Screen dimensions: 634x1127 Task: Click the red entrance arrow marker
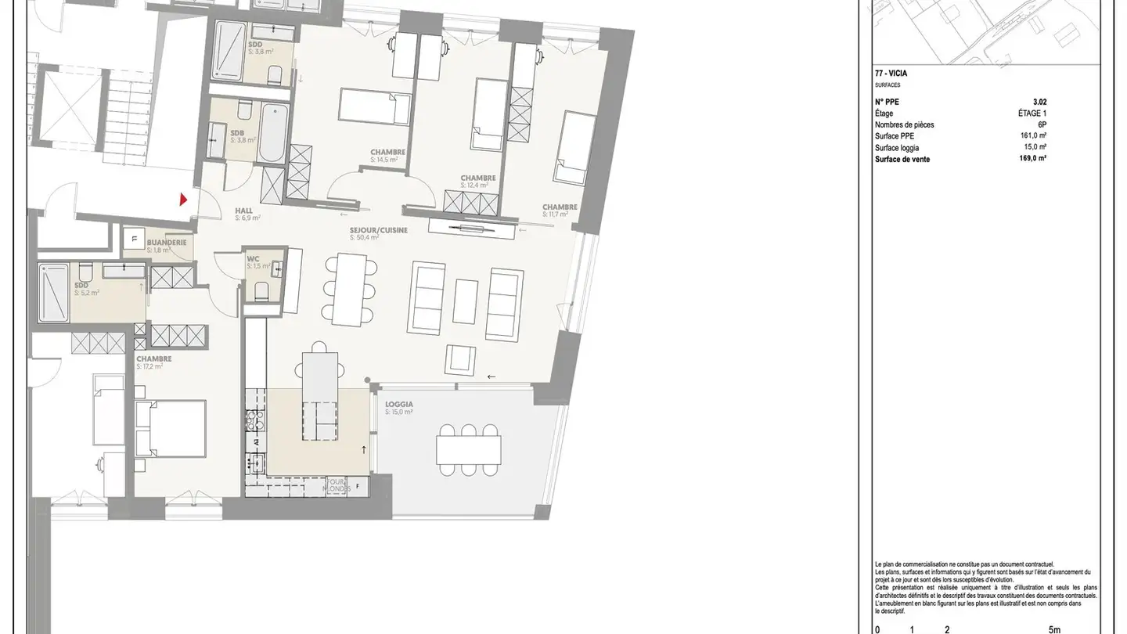[x=184, y=200]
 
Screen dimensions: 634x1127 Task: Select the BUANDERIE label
[x=167, y=243]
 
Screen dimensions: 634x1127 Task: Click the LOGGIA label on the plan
[x=398, y=405]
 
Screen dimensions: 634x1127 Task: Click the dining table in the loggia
[x=468, y=448]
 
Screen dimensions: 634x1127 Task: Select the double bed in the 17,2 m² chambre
[x=170, y=429]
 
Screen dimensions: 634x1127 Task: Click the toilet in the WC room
[x=261, y=292]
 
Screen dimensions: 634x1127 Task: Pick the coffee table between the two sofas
[x=466, y=301]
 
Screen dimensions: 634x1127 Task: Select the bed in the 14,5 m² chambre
[x=375, y=107]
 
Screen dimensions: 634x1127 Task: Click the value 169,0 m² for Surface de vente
[x=1033, y=158]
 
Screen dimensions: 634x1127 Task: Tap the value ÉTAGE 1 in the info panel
[x=1026, y=113]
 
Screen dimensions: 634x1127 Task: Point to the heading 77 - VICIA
[x=891, y=74]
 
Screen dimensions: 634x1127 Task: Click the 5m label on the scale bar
[x=1053, y=629]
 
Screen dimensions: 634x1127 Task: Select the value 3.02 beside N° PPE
[x=1039, y=102]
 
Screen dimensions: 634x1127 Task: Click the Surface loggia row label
[x=897, y=147]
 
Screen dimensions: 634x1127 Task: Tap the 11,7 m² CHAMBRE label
[x=560, y=207]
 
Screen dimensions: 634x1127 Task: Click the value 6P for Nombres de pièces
[x=1042, y=124]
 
